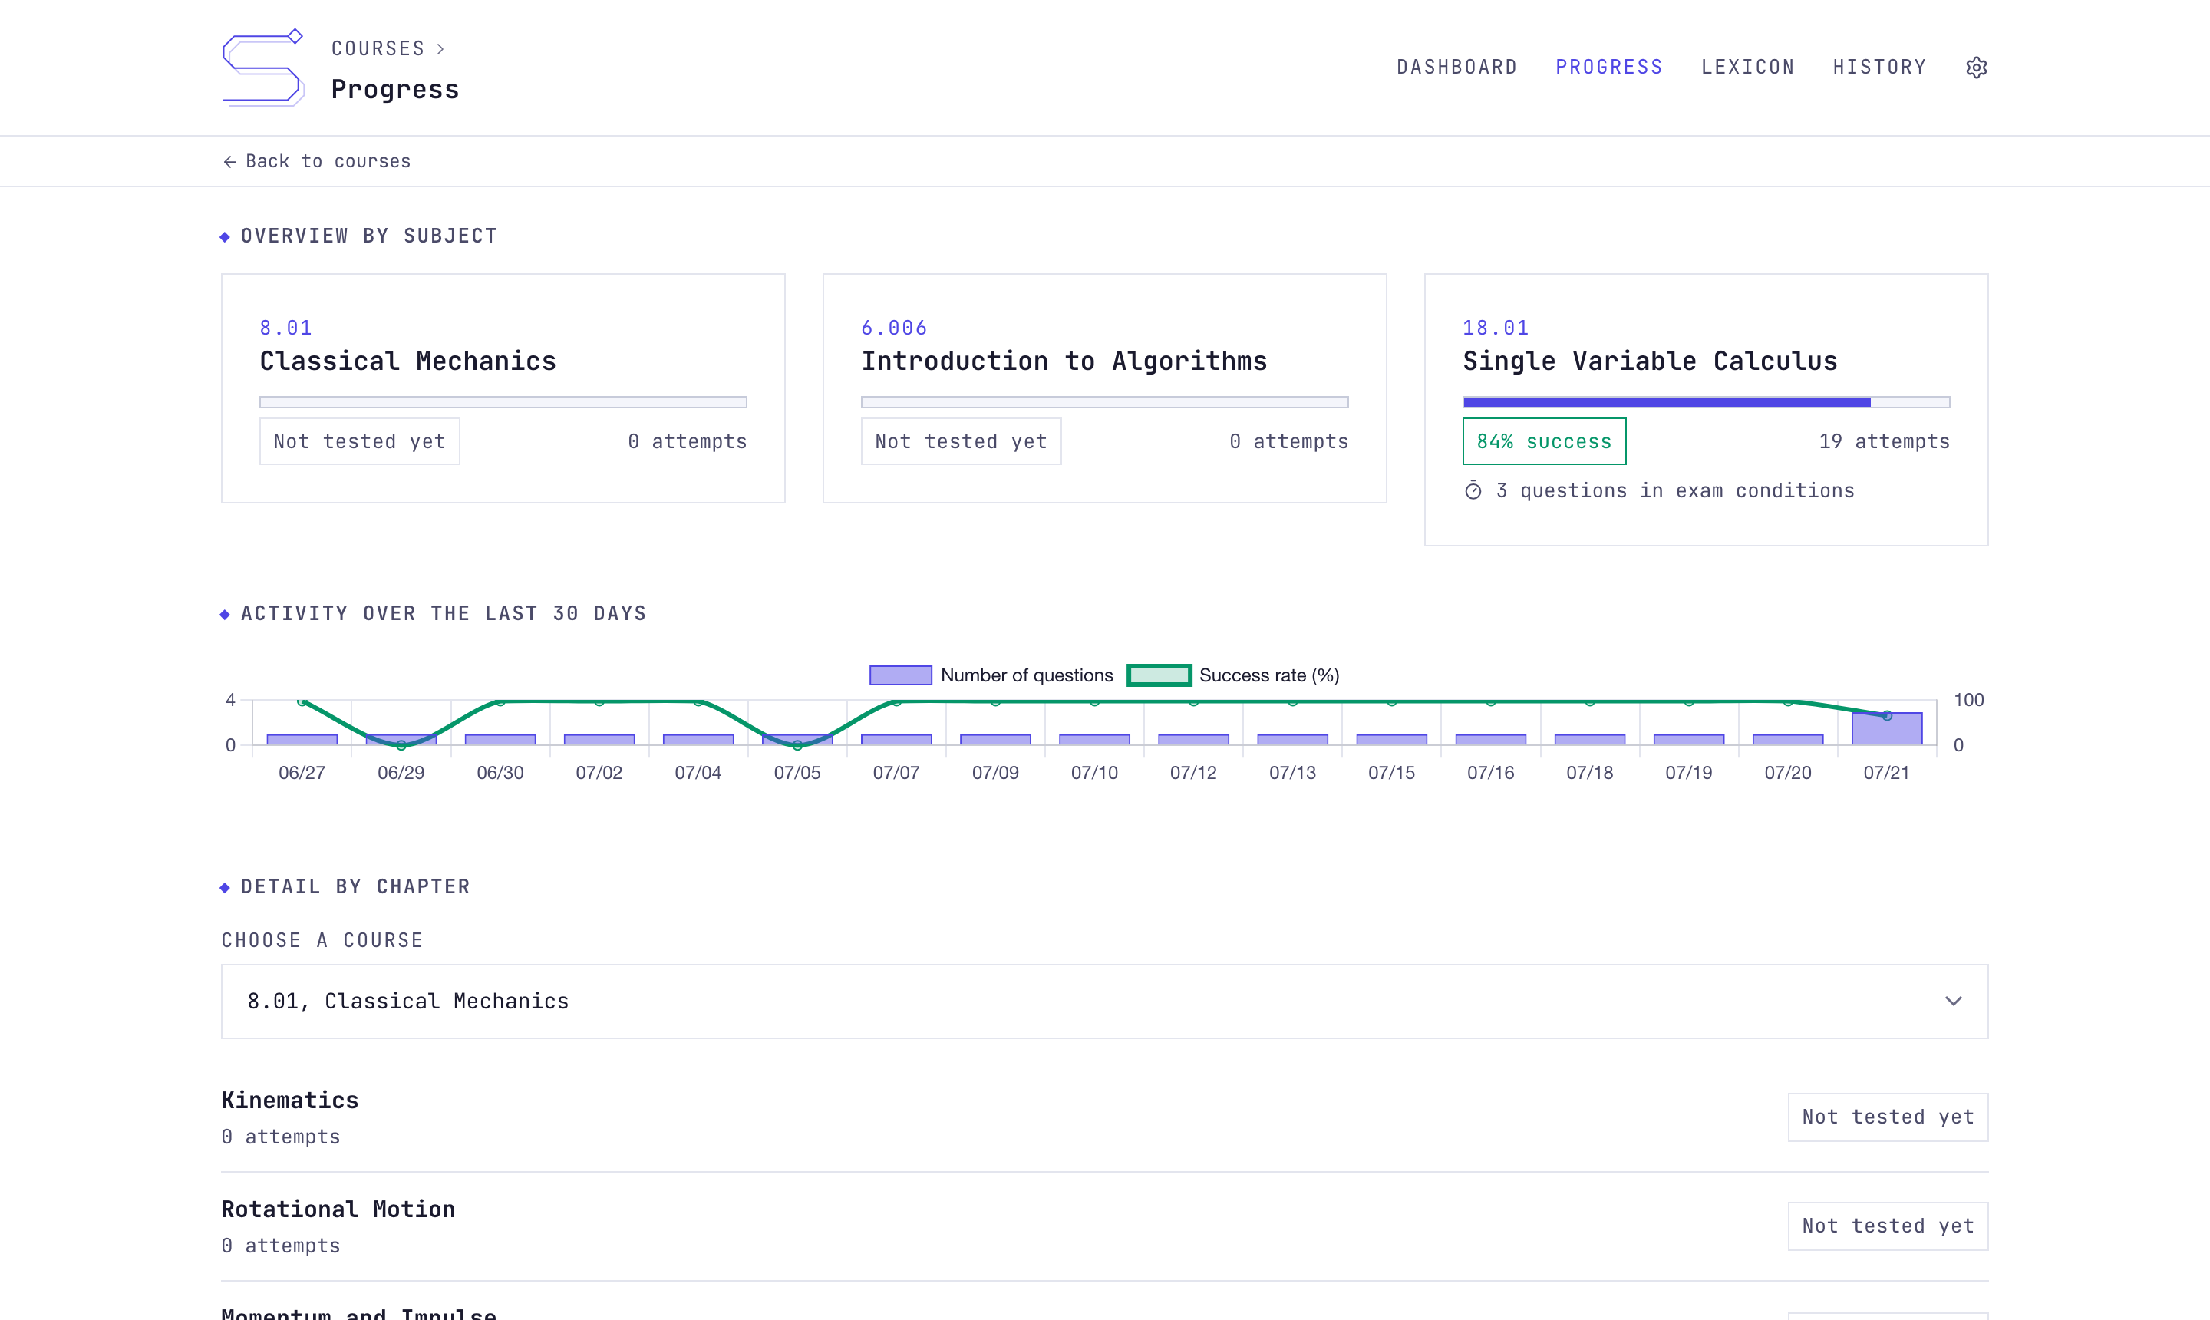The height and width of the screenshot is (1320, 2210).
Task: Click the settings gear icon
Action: [1976, 68]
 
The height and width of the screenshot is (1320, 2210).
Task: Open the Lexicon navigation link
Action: [1747, 68]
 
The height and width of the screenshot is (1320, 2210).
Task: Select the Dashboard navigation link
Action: [1456, 68]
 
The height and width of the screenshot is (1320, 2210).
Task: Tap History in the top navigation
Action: [1879, 68]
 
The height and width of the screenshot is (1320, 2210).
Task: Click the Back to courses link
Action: [317, 161]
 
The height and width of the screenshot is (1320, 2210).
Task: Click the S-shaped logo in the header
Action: [263, 68]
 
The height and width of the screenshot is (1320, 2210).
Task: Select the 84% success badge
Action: [1544, 441]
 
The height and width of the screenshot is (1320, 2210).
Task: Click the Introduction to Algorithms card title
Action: [1064, 361]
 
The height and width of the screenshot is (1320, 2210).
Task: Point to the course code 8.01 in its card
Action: [285, 328]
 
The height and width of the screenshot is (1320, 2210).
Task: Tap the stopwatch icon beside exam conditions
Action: [1473, 491]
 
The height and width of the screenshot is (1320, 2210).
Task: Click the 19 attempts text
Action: [1884, 441]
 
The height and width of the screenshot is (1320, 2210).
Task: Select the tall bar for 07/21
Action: [1886, 728]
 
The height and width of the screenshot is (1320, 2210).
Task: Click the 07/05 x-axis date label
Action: [797, 773]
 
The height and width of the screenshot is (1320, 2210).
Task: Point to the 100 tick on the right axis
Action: [1968, 700]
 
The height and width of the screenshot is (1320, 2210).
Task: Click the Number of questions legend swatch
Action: [900, 675]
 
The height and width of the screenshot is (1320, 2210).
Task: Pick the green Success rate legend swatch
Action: [1159, 675]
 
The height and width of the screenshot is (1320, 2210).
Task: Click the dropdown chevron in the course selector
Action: [1953, 1002]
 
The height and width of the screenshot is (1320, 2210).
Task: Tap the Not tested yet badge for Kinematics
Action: [1888, 1117]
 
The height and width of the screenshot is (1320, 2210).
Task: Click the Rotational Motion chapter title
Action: [338, 1209]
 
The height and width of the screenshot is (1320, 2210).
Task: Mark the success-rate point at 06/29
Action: [401, 744]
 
